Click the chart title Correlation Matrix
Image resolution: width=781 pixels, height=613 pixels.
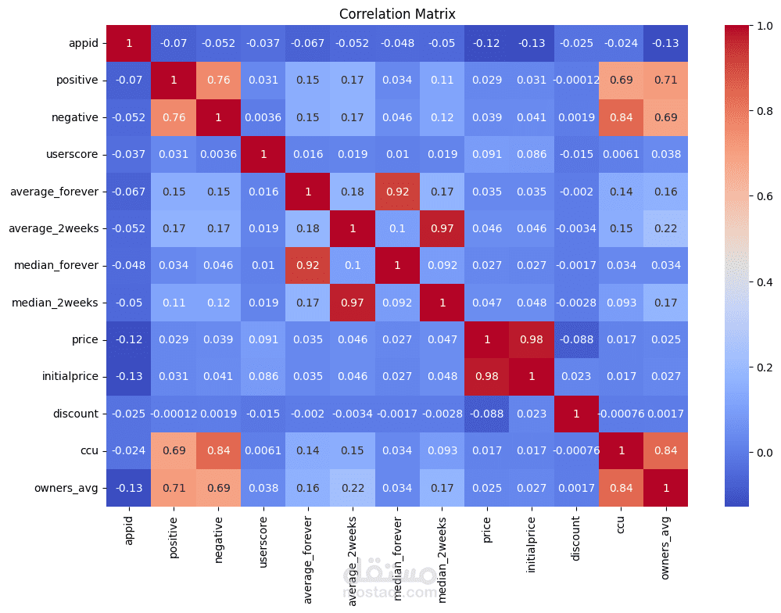(397, 14)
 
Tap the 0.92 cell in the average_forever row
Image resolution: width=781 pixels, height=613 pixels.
(397, 191)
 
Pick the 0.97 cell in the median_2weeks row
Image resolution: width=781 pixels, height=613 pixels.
(353, 302)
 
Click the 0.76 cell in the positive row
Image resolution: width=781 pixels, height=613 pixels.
(218, 80)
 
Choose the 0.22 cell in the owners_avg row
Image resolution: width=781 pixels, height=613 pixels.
(353, 488)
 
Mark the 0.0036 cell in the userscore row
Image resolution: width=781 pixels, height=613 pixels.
(218, 154)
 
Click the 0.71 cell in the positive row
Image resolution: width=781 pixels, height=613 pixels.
(666, 80)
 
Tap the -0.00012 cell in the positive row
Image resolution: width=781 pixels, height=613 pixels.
(576, 80)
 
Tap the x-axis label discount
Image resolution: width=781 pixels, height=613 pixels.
(576, 534)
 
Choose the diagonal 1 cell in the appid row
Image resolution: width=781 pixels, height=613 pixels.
(128, 43)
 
